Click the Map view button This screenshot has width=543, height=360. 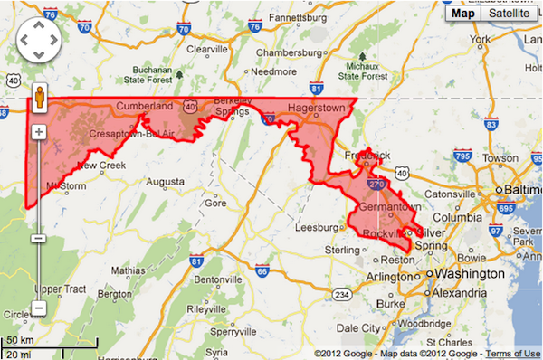(463, 13)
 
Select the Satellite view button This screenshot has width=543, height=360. (508, 13)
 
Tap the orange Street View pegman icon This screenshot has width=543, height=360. (40, 99)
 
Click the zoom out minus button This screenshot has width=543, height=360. (40, 238)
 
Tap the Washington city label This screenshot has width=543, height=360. (470, 273)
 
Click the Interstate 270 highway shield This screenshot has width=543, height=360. (375, 183)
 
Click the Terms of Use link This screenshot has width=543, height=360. (517, 353)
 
